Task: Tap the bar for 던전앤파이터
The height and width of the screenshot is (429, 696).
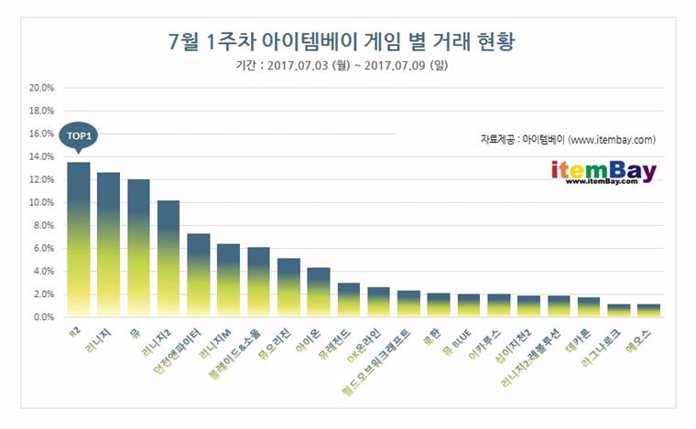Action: click(x=199, y=275)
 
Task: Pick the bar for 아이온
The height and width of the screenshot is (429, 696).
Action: click(x=318, y=293)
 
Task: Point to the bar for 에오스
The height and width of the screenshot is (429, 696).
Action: click(x=648, y=311)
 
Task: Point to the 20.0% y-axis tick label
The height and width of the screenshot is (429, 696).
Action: click(x=42, y=89)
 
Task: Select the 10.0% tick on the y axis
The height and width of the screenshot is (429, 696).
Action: click(x=42, y=203)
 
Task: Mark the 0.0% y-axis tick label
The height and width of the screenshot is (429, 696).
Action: click(x=42, y=317)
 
